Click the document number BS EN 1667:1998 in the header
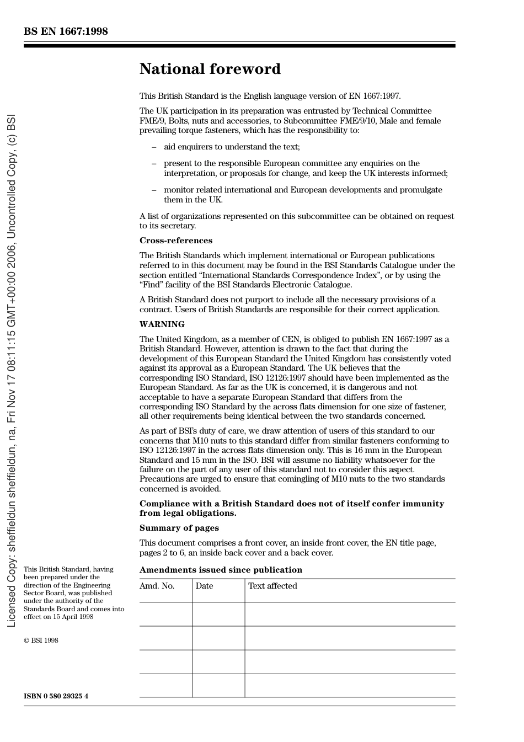[x=66, y=31]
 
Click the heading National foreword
[x=210, y=69]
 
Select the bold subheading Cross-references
[x=175, y=241]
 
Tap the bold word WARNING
[x=162, y=324]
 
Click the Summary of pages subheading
[x=179, y=528]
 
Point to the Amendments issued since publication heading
[x=221, y=570]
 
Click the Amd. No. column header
[x=157, y=586]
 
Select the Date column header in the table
[x=204, y=586]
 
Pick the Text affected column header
[x=272, y=586]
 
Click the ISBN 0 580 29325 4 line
[x=56, y=696]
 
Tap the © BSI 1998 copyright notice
[x=41, y=640]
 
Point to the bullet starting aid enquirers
[x=232, y=147]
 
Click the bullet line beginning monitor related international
[x=303, y=190]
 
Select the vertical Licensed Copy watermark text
[x=12, y=371]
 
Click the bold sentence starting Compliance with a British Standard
[x=291, y=504]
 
